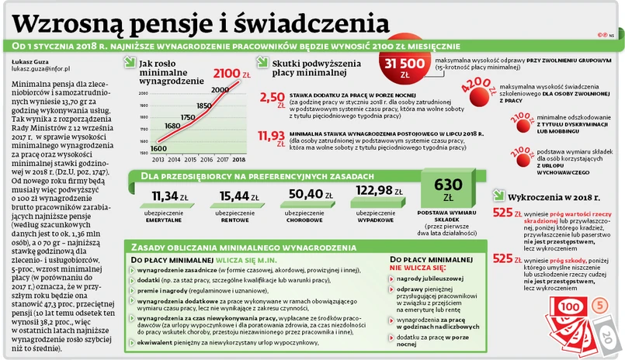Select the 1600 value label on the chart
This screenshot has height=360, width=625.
(160, 148)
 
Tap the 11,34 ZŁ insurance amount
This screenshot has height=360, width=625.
(170, 195)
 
